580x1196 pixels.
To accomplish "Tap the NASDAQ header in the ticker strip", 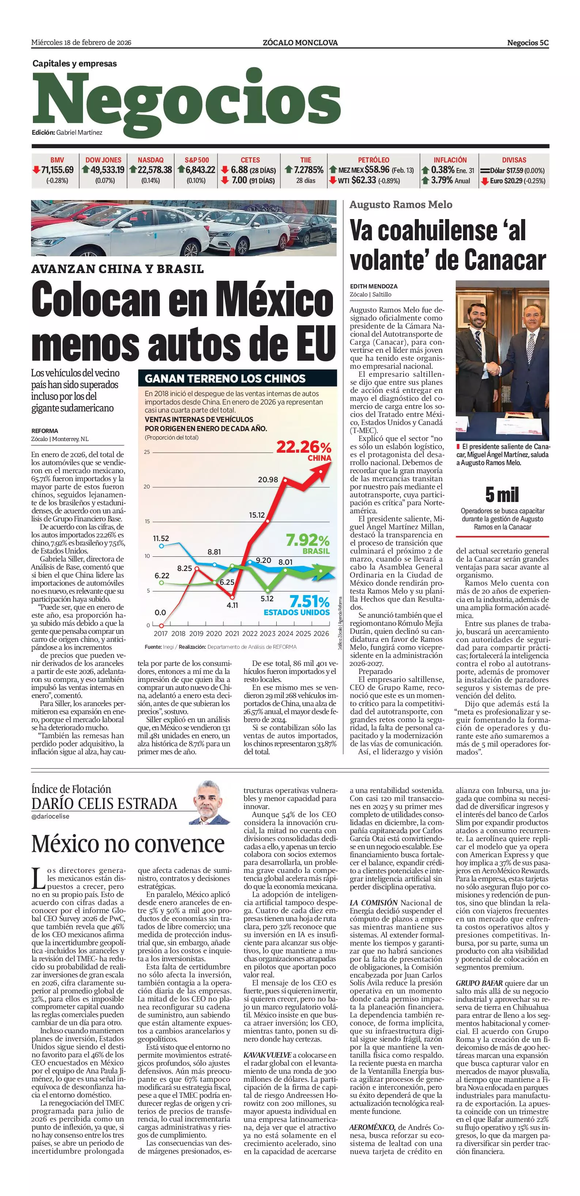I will [150, 160].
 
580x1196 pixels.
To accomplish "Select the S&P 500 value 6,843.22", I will [200, 170].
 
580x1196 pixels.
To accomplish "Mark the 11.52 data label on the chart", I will [161, 538].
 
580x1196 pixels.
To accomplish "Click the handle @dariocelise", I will [50, 816].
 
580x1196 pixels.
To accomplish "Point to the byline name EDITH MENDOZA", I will [374, 287].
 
